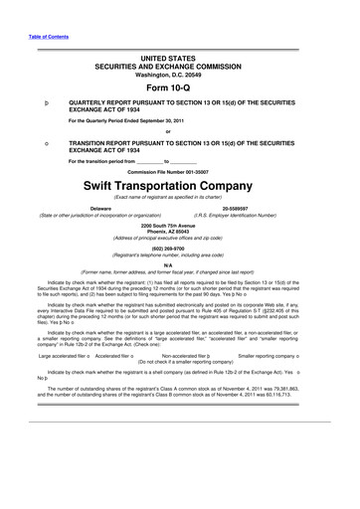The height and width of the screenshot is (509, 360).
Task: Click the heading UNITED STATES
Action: pos(179,60)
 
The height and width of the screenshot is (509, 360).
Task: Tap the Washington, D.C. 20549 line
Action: pos(179,75)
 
